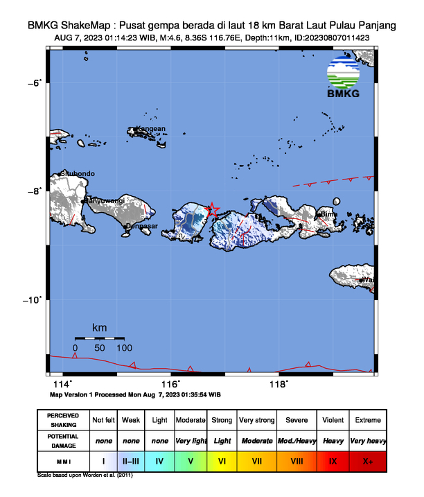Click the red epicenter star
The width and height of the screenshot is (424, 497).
pyautogui.click(x=213, y=209)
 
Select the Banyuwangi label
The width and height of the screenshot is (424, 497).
pyautogui.click(x=105, y=200)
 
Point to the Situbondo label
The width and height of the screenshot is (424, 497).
pyautogui.click(x=78, y=173)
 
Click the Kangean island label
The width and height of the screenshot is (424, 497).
pyautogui.click(x=150, y=129)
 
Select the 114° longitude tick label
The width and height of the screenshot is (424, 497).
pyautogui.click(x=62, y=385)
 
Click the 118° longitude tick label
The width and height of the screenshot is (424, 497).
pyautogui.click(x=279, y=385)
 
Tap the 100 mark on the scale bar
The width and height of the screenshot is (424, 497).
pyautogui.click(x=124, y=347)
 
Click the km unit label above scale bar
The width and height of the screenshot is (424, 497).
pyautogui.click(x=100, y=327)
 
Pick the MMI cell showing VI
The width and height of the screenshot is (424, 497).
pyautogui.click(x=222, y=460)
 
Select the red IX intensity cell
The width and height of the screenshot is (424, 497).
pyautogui.click(x=333, y=460)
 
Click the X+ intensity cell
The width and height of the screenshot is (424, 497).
pyautogui.click(x=367, y=460)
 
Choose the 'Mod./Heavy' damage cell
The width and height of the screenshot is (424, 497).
pyautogui.click(x=298, y=440)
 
